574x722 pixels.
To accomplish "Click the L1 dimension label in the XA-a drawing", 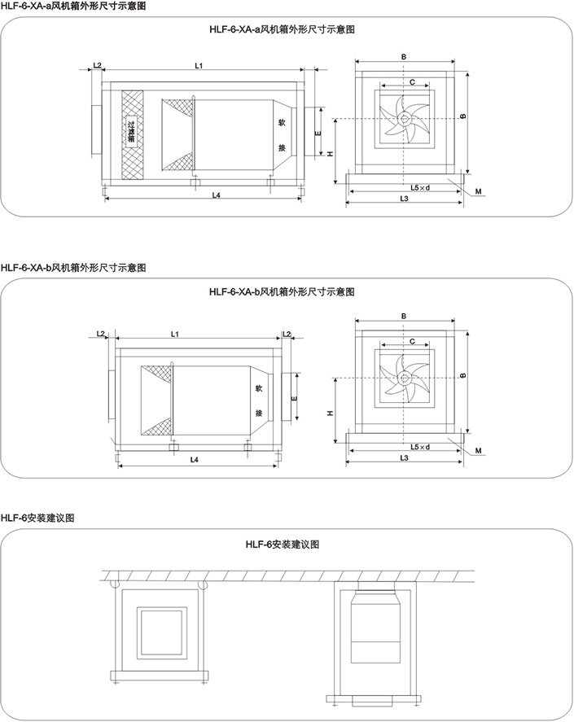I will (x=199, y=64).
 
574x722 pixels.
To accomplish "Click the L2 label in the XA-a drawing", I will (x=97, y=64).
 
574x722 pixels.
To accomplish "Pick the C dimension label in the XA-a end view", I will (x=414, y=82).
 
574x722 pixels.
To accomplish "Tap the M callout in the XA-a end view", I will (x=480, y=192).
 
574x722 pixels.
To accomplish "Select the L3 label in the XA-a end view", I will (x=404, y=199).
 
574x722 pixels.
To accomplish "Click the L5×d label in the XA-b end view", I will (x=420, y=447).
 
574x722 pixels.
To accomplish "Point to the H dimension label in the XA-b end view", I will (x=331, y=413).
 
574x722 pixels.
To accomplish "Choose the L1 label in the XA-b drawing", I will (x=175, y=334).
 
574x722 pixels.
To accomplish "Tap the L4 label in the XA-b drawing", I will (x=195, y=460).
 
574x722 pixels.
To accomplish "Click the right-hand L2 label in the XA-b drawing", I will (x=287, y=334).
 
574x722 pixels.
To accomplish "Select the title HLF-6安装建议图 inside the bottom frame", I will (x=283, y=545).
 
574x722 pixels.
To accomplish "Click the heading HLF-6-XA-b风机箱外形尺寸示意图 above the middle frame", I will (x=73, y=267).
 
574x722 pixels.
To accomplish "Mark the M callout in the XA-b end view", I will (x=480, y=450).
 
